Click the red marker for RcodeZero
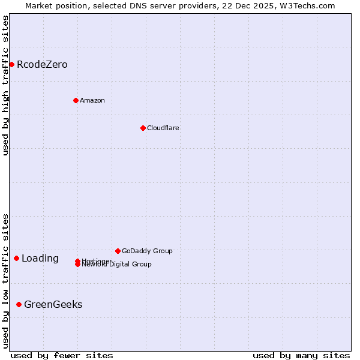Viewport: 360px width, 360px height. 11,64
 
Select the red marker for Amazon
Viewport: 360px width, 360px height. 76,100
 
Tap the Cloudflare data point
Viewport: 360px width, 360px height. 143,128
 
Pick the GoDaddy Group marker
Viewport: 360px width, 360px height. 118,251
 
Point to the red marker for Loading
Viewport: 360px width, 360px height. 16,258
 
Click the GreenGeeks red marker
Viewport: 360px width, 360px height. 19,304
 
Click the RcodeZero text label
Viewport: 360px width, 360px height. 42,64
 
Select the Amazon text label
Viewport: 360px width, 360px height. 92,100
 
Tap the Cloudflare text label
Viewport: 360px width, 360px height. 163,128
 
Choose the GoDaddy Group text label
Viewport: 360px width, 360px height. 147,251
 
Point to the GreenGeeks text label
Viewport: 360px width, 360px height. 53,304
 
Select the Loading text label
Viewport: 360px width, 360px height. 40,259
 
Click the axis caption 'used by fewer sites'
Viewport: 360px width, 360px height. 62,355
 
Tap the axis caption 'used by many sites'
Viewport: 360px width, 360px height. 301,355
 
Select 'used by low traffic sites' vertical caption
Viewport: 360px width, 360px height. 5,280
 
